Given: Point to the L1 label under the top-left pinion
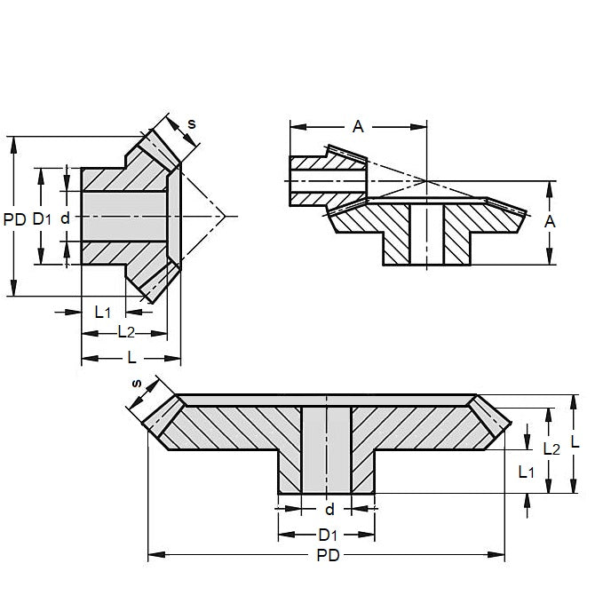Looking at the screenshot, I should click(102, 312).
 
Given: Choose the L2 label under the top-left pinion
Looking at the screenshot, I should click(125, 332).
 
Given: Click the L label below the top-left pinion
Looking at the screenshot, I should click(131, 357).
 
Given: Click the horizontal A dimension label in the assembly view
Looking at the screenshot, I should click(358, 126).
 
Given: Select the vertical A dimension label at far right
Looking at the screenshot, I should click(549, 222).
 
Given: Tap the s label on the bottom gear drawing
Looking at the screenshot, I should click(136, 384).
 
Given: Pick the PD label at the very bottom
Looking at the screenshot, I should click(324, 555).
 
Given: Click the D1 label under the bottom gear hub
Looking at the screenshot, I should click(326, 535).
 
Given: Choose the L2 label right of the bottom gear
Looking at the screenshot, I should click(551, 450).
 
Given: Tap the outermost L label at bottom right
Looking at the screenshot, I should click(575, 441).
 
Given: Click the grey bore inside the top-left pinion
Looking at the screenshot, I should click(124, 217).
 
